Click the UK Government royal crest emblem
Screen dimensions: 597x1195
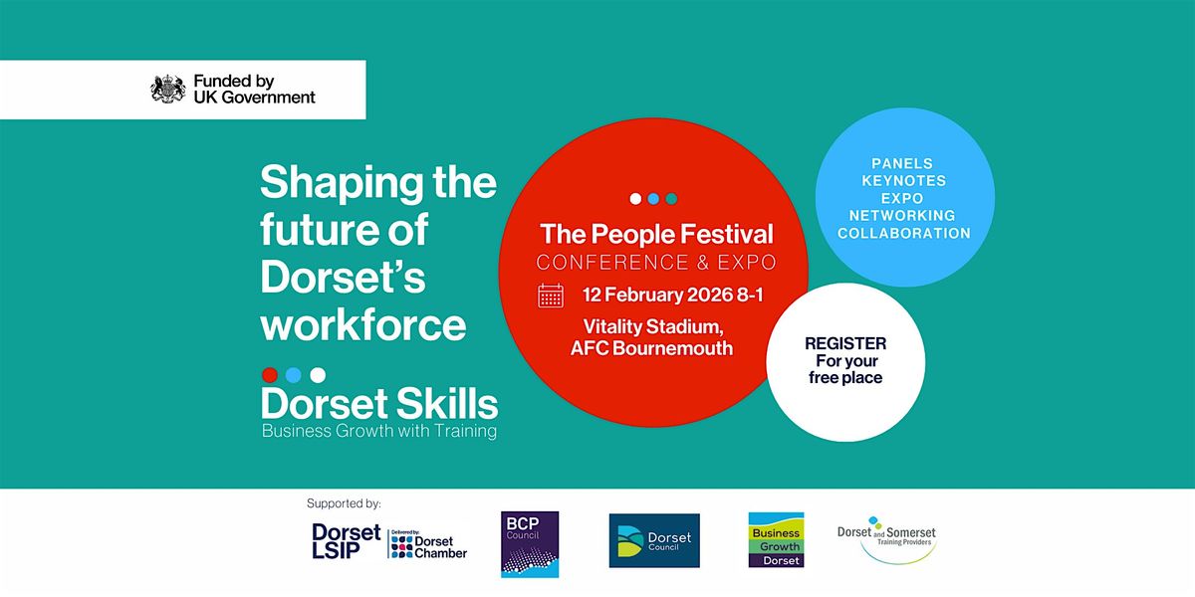168,90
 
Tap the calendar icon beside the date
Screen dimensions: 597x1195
551,296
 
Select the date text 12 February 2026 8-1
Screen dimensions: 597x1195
665,296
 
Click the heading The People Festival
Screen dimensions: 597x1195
656,235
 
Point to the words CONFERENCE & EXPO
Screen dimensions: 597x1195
656,263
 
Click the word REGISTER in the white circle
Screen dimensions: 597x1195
844,343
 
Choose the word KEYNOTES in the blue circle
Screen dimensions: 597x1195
905,181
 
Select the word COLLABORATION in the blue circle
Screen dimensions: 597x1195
904,234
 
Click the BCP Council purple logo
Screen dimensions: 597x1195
530,544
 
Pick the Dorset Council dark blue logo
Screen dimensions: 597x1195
654,540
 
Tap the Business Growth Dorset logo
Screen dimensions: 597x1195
776,540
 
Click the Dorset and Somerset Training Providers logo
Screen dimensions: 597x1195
886,539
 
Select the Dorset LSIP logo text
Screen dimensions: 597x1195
346,540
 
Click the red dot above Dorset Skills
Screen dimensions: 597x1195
269,375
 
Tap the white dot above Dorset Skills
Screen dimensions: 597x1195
318,375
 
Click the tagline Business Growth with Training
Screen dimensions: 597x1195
378,432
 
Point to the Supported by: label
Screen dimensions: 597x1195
345,503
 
